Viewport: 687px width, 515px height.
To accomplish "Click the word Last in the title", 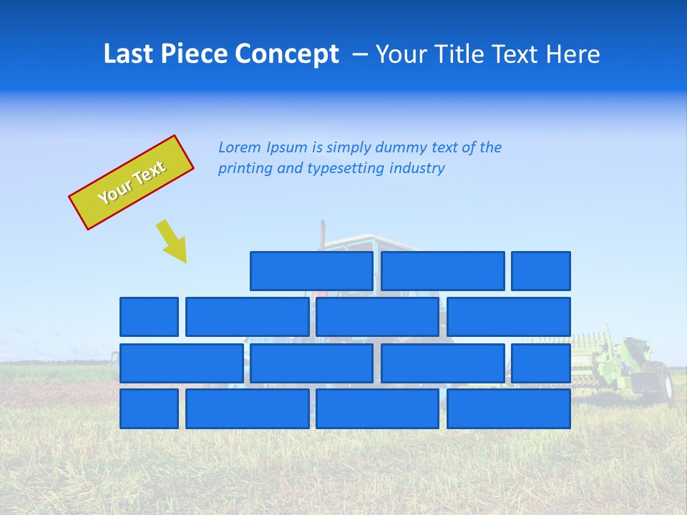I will pyautogui.click(x=128, y=54).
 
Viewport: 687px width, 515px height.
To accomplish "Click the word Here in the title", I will pyautogui.click(x=573, y=54).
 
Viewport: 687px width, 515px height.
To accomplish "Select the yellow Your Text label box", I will pyautogui.click(x=132, y=182).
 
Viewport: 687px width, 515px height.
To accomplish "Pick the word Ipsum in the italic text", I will pyautogui.click(x=288, y=148).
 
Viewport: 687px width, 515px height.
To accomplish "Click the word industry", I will pyautogui.click(x=416, y=169).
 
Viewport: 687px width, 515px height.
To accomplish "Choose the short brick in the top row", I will pyautogui.click(x=541, y=270).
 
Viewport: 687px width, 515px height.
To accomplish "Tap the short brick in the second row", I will pyautogui.click(x=149, y=317).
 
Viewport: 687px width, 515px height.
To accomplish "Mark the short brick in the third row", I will pyautogui.click(x=541, y=363).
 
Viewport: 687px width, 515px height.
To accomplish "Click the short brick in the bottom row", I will pyautogui.click(x=149, y=409).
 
